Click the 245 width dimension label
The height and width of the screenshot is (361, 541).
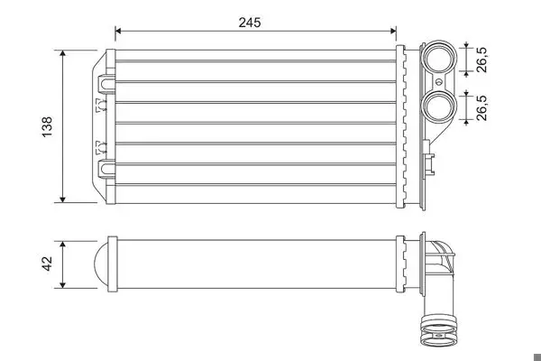pyautogui.click(x=250, y=23)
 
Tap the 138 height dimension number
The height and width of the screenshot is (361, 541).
pyautogui.click(x=47, y=126)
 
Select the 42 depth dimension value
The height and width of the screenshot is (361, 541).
pyautogui.click(x=47, y=264)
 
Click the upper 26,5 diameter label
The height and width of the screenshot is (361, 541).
pyautogui.click(x=481, y=60)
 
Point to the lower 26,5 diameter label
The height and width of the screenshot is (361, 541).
pyautogui.click(x=481, y=107)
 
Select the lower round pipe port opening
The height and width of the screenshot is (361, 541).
pyautogui.click(x=438, y=106)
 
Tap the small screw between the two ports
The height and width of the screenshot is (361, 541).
pyautogui.click(x=438, y=82)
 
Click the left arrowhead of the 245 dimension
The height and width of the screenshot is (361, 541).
pyautogui.click(x=118, y=31)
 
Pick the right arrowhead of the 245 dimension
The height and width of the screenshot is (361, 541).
pyautogui.click(x=393, y=31)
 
